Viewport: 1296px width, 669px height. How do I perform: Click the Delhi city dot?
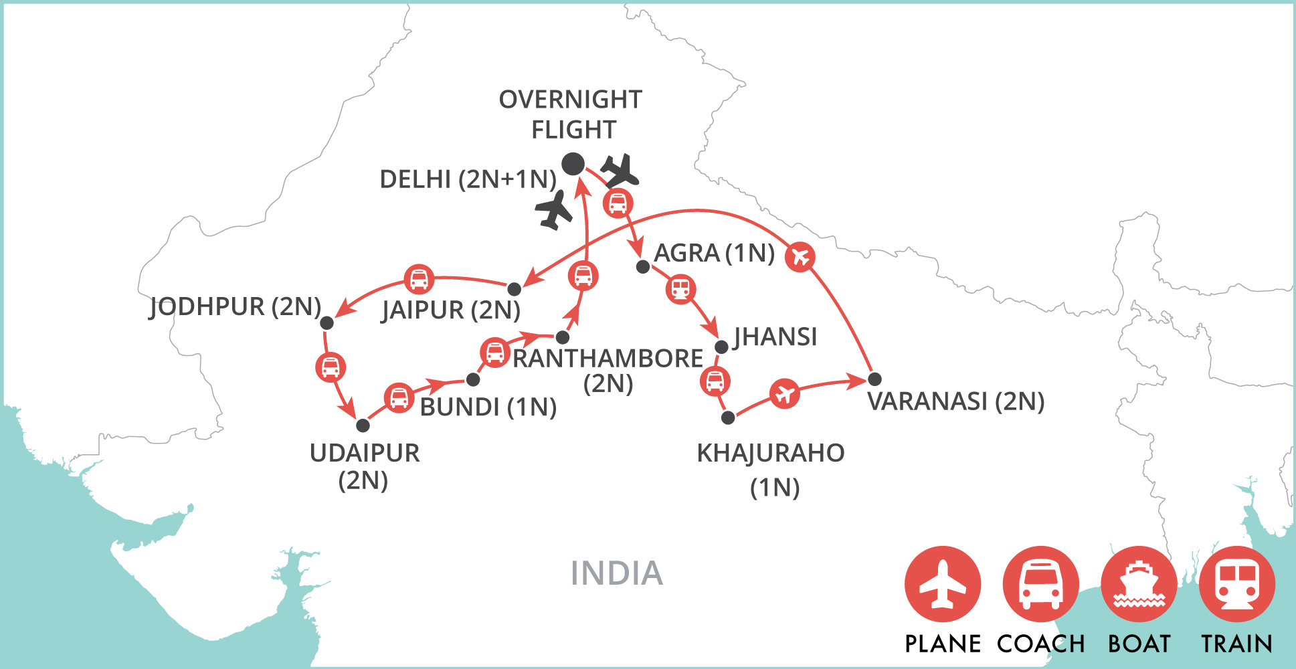573,164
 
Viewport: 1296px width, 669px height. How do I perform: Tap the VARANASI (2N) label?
955,401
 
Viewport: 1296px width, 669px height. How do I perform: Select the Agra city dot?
643,267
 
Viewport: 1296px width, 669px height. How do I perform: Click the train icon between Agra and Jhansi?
680,289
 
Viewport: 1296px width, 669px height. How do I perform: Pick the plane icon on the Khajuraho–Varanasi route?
784,393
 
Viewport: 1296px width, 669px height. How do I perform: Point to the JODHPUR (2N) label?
235,306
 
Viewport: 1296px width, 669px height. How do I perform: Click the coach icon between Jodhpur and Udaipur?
331,367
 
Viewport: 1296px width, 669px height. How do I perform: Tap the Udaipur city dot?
363,425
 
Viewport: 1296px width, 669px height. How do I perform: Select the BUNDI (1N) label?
488,407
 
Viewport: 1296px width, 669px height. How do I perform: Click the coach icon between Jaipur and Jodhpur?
419,279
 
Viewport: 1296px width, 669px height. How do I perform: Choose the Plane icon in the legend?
943,585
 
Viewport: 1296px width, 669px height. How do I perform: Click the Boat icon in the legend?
1139,585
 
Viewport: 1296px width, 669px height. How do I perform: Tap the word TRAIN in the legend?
1236,644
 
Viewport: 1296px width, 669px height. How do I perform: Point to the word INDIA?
616,573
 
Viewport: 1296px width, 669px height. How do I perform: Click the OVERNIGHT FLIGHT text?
571,114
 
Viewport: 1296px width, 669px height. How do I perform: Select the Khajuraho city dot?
728,418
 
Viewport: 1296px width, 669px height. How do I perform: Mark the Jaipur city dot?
514,289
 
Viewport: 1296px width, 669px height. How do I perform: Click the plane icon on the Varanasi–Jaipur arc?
800,256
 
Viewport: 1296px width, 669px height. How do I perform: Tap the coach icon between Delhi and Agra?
618,203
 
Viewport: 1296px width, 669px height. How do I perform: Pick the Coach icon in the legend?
1040,585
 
